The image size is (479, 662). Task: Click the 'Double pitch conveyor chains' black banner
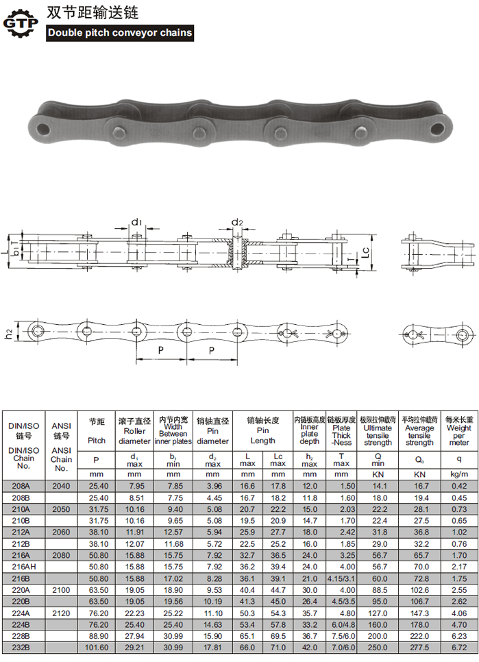120,32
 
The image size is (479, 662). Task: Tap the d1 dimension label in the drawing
136,222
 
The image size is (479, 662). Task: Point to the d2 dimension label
237,222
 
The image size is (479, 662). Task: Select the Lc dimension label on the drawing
365,252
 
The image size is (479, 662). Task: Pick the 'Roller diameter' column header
134,431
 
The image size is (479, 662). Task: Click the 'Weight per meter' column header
458,431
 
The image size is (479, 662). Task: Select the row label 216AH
23,567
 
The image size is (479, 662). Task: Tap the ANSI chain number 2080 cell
61,555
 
